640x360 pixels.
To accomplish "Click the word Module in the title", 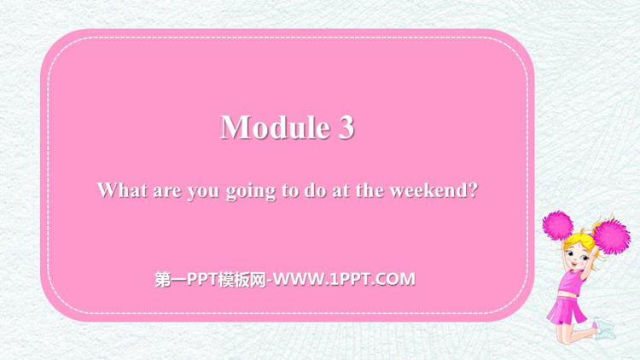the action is [x=275, y=127].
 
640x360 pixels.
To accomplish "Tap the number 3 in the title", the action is [x=346, y=127].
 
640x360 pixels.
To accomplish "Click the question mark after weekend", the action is [x=473, y=189].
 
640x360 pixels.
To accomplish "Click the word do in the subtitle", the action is [x=315, y=189].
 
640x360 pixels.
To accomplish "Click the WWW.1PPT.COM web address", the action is [x=345, y=279].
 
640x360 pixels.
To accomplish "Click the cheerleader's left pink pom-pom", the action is [x=557, y=225].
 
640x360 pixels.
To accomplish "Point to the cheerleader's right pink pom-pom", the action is [x=611, y=236].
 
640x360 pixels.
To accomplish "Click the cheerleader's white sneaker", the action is [x=605, y=328].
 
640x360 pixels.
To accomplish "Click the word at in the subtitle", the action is [x=340, y=190].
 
